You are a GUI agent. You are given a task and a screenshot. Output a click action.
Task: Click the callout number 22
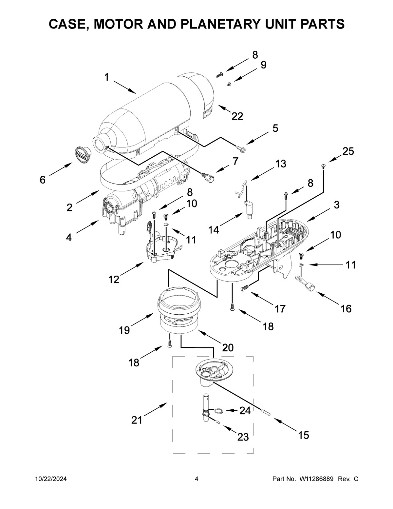(237, 116)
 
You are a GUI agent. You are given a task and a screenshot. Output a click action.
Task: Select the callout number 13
(280, 164)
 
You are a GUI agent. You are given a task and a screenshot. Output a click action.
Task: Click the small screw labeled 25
(324, 166)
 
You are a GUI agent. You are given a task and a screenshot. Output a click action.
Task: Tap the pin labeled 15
(265, 412)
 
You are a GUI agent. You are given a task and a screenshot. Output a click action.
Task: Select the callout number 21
(137, 420)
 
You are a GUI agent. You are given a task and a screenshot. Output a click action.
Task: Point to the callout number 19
(124, 330)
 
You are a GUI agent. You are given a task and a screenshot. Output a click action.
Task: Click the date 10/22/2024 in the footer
(51, 479)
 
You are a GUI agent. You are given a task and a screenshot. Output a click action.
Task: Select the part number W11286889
(315, 479)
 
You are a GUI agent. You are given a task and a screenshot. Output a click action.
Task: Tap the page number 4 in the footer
(196, 479)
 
